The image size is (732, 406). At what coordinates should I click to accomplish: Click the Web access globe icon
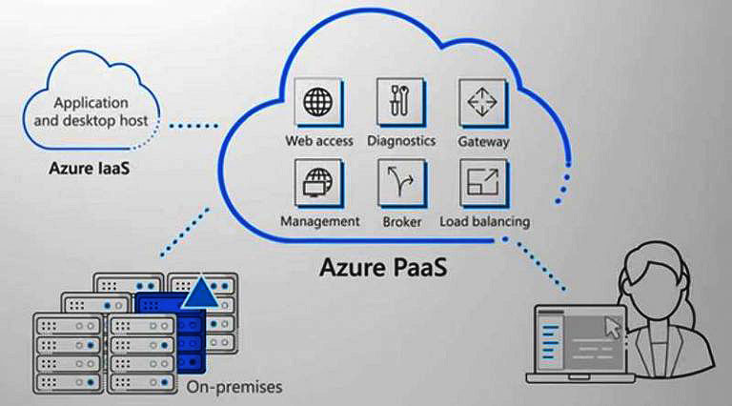[x=318, y=101]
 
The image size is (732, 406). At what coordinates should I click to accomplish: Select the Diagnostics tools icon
[x=400, y=101]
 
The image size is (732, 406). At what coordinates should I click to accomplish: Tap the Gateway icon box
[x=482, y=101]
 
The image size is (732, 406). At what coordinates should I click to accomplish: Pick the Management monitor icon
[x=318, y=182]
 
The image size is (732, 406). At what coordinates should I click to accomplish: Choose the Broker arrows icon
[x=400, y=182]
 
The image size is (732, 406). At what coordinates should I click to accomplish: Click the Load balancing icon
[x=482, y=182]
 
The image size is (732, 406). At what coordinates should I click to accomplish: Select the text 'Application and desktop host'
[x=92, y=112]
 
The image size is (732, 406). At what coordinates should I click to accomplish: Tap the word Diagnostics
[x=400, y=141]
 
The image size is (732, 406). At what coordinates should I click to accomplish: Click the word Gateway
[x=483, y=142]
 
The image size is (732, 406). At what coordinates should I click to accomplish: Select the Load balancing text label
[x=484, y=222]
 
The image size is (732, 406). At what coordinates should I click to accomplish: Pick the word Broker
[x=401, y=222]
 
